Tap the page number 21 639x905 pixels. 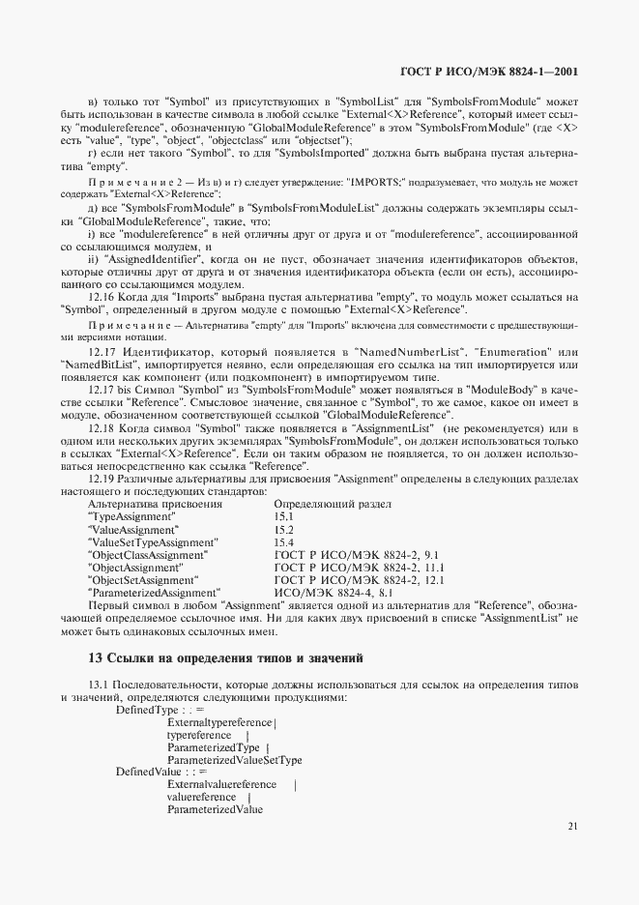click(x=573, y=826)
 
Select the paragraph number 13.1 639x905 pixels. click(x=101, y=685)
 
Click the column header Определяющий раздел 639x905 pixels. click(x=332, y=504)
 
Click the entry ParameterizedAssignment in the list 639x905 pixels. click(x=155, y=592)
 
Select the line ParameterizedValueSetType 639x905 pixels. click(x=234, y=760)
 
